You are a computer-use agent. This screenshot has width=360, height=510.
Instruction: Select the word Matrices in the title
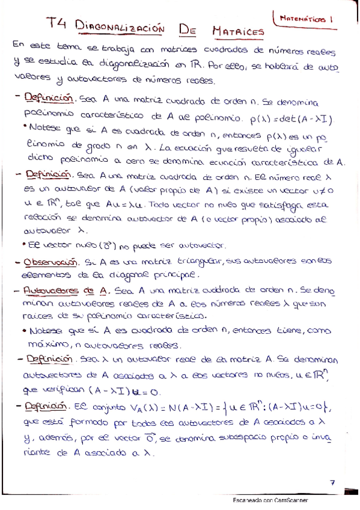[x=239, y=29]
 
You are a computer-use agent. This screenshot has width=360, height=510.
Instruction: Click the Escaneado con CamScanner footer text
[x=270, y=500]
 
